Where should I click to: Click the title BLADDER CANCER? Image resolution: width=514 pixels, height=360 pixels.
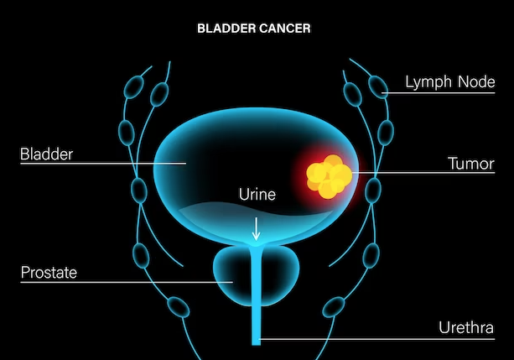tap(254, 29)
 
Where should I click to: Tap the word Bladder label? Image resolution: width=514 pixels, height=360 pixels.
tap(47, 154)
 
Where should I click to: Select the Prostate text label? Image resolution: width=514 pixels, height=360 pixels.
tap(49, 273)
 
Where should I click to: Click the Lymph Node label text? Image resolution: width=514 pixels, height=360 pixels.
tap(450, 82)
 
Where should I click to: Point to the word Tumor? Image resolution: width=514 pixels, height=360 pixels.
tap(471, 164)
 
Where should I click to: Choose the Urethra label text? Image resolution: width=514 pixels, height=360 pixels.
tap(466, 327)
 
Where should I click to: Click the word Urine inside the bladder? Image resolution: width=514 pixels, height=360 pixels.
tap(257, 195)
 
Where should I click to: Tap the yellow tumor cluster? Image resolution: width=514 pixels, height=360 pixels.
tap(330, 176)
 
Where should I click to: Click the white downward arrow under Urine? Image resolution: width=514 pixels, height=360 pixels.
tap(256, 229)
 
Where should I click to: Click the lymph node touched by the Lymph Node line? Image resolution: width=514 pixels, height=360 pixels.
tap(378, 86)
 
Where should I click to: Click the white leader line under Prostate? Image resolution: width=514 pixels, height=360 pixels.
tap(127, 282)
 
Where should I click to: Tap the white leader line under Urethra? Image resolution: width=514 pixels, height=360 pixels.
tap(377, 339)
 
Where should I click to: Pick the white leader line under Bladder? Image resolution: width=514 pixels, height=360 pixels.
tap(103, 163)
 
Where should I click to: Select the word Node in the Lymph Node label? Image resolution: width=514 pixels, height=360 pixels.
tap(476, 81)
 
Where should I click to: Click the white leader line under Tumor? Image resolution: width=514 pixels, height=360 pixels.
tap(423, 172)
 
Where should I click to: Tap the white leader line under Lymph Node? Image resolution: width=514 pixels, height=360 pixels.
tap(439, 93)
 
